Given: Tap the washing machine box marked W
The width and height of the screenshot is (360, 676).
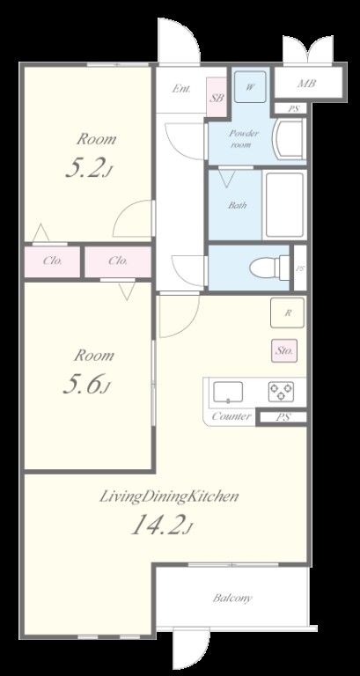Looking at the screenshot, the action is [x=250, y=87].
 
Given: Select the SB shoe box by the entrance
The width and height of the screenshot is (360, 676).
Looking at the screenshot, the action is [x=217, y=98].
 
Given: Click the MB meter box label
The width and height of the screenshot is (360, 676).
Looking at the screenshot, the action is [x=307, y=83].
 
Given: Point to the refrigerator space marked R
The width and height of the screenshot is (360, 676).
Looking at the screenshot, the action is [x=287, y=313].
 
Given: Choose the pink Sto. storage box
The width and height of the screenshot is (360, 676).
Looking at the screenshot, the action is [x=284, y=350].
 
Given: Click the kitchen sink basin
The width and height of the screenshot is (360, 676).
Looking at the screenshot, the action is [x=228, y=392].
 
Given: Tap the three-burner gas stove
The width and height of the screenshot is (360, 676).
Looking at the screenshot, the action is [x=281, y=392].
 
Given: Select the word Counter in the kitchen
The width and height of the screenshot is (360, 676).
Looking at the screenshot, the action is [x=231, y=416].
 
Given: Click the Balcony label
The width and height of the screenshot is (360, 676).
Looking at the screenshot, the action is [x=232, y=598].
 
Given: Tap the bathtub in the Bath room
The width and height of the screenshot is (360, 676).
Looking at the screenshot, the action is [x=284, y=205].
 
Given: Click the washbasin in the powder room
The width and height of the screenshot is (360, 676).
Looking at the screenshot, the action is [x=289, y=140].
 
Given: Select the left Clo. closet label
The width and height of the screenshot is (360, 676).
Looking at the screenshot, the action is [x=53, y=261].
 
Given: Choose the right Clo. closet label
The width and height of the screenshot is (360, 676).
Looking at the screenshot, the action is [x=118, y=261].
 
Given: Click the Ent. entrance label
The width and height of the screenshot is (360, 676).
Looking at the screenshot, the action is [x=181, y=89].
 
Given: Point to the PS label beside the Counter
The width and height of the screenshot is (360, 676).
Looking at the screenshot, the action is [x=283, y=417].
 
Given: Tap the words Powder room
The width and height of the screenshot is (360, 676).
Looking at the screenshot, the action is [x=244, y=139].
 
